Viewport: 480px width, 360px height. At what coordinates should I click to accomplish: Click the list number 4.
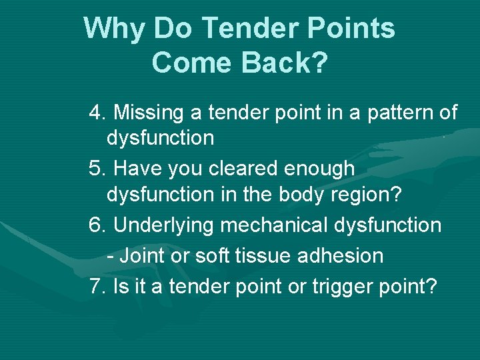click(97, 113)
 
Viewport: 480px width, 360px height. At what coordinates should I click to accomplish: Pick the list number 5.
click(97, 169)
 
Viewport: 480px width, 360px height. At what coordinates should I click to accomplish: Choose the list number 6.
click(97, 225)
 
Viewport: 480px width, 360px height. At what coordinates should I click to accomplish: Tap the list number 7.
click(97, 287)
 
